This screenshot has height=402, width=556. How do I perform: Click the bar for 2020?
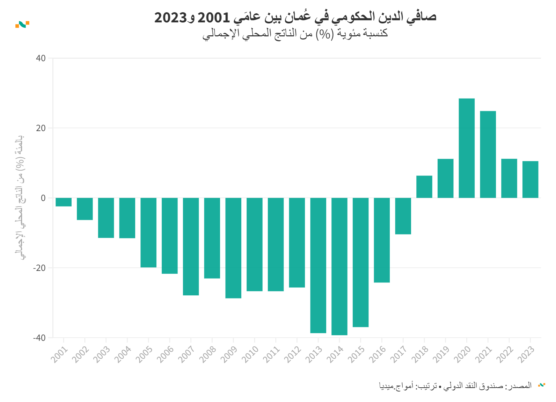[x=467, y=148]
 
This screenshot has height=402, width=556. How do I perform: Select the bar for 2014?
[x=339, y=266]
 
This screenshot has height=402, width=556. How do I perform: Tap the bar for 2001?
[x=64, y=202]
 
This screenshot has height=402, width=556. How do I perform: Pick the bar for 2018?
[x=424, y=187]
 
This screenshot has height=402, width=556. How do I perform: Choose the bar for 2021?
[x=488, y=155]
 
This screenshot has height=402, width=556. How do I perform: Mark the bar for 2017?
[x=403, y=216]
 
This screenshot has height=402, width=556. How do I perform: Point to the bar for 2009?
[x=233, y=248]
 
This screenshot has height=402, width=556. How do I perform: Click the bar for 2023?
[x=530, y=179]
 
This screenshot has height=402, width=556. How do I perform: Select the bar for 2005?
[x=148, y=232]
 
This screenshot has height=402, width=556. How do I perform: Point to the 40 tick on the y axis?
[x=41, y=58]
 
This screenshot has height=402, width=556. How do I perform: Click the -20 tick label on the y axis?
[x=39, y=268]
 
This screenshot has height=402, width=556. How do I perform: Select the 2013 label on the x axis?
[x=314, y=354]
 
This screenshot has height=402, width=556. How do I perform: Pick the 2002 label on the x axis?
[x=80, y=354]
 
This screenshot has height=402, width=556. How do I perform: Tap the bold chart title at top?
[x=295, y=17]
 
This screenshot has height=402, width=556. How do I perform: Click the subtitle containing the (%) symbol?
[x=295, y=34]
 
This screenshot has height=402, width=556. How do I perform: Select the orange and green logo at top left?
[x=22, y=24]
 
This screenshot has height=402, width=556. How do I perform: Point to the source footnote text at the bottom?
[x=455, y=386]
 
